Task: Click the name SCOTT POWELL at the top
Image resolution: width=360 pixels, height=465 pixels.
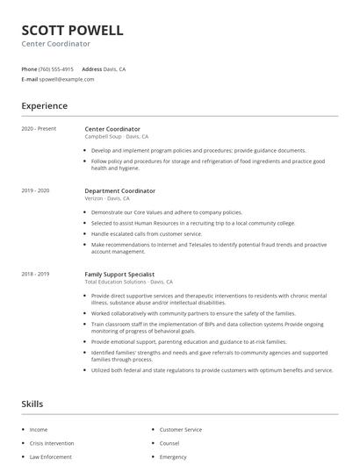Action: tap(72, 30)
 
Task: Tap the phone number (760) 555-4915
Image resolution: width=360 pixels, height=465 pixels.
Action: tap(56, 68)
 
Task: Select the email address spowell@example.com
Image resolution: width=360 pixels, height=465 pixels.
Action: tap(67, 79)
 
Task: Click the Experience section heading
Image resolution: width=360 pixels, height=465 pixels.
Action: tap(44, 106)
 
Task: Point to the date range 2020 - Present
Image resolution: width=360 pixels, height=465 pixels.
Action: tap(39, 129)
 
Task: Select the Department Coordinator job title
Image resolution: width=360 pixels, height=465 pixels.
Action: tap(119, 190)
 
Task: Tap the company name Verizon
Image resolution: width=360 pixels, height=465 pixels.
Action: tap(95, 198)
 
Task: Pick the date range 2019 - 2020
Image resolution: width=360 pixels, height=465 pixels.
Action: tap(35, 190)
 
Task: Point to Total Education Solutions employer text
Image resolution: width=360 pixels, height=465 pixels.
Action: tap(115, 282)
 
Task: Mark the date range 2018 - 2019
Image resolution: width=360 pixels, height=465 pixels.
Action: tap(35, 274)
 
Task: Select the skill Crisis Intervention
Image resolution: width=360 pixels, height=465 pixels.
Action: tap(52, 443)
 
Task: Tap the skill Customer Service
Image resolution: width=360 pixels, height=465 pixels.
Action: tap(181, 430)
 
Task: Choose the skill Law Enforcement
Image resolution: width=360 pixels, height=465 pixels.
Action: tap(50, 457)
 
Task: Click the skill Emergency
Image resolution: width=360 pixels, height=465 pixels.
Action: tap(173, 457)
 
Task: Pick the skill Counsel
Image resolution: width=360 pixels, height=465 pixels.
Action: tap(169, 443)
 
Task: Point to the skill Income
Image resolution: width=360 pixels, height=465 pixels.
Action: tap(39, 430)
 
